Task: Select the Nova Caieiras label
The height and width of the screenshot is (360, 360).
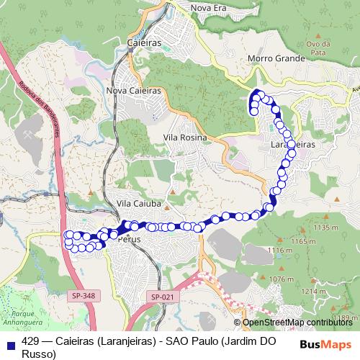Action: click(132, 91)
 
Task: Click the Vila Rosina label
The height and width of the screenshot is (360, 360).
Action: click(185, 137)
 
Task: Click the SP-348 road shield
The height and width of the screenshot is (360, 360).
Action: click(84, 295)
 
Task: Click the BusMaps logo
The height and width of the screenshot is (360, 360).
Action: click(325, 343)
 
